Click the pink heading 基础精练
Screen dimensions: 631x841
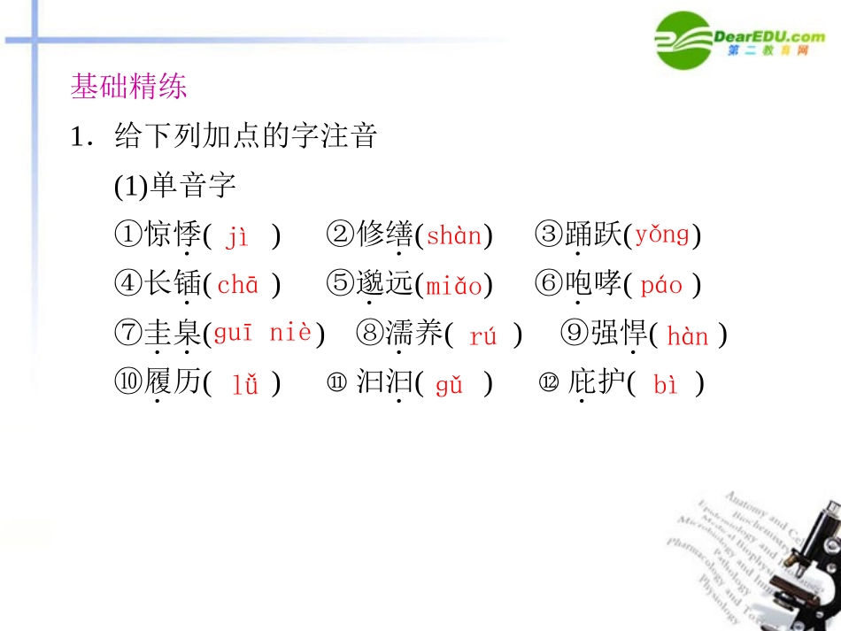click(128, 88)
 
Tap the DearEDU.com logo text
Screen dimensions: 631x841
click(768, 36)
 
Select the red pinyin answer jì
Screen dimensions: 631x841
click(237, 237)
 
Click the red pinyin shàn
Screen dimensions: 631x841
click(455, 236)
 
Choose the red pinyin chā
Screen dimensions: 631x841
click(238, 285)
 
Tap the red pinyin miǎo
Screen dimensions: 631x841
click(454, 286)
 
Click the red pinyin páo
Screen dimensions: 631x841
click(661, 286)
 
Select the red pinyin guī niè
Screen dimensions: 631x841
click(263, 334)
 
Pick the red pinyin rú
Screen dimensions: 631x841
click(483, 336)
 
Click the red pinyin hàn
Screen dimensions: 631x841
click(688, 336)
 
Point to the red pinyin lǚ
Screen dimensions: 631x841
click(245, 385)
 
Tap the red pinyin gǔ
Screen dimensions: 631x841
click(450, 385)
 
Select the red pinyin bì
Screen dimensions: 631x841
click(665, 385)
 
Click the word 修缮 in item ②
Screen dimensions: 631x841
click(386, 235)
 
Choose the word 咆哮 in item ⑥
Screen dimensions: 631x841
click(594, 284)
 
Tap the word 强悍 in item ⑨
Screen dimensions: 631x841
click(619, 335)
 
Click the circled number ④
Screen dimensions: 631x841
click(129, 285)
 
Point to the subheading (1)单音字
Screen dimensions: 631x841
click(175, 187)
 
